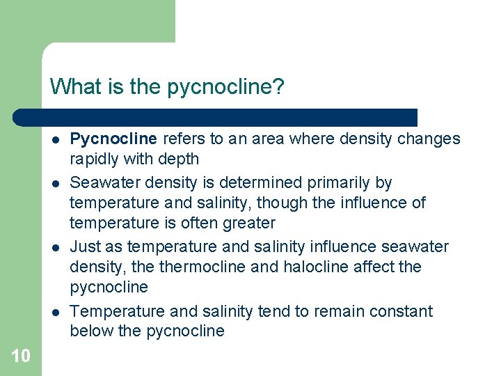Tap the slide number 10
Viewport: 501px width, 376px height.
coord(21,357)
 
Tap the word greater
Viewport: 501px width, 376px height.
coord(248,224)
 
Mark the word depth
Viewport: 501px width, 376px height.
coord(179,159)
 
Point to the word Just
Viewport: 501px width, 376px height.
coord(86,247)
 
